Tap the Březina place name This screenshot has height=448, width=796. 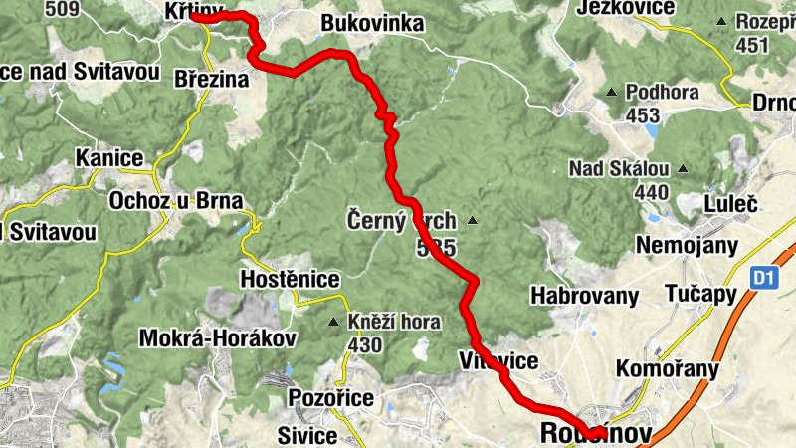[210, 79]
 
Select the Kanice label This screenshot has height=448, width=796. [109, 158]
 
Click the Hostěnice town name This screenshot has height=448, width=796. [290, 280]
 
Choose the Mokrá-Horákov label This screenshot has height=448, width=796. [219, 337]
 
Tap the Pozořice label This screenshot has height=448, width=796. [330, 399]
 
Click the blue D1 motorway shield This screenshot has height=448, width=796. [763, 280]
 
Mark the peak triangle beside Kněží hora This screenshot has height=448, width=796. [334, 322]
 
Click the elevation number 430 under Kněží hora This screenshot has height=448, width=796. [366, 344]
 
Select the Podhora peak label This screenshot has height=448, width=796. [663, 93]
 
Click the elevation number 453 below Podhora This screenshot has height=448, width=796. [643, 116]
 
